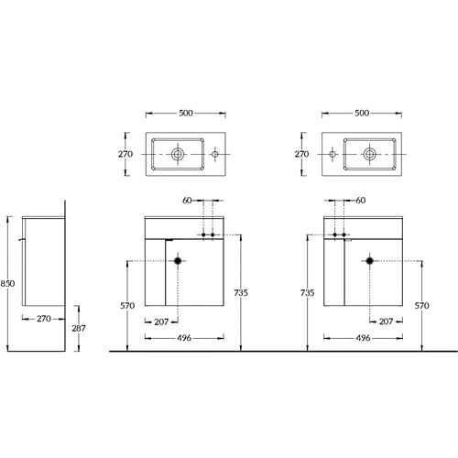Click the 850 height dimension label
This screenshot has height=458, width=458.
7,284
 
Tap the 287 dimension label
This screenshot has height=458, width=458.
79,328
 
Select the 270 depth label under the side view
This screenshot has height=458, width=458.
44,319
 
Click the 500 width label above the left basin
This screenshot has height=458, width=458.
186,113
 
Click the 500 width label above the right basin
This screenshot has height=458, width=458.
362,113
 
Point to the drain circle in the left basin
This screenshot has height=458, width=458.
178,154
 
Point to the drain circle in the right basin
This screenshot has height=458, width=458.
369,154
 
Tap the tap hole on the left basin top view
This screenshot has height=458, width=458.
215,154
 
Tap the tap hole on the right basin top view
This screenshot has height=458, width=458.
333,154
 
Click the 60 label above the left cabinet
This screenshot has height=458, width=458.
187,201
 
